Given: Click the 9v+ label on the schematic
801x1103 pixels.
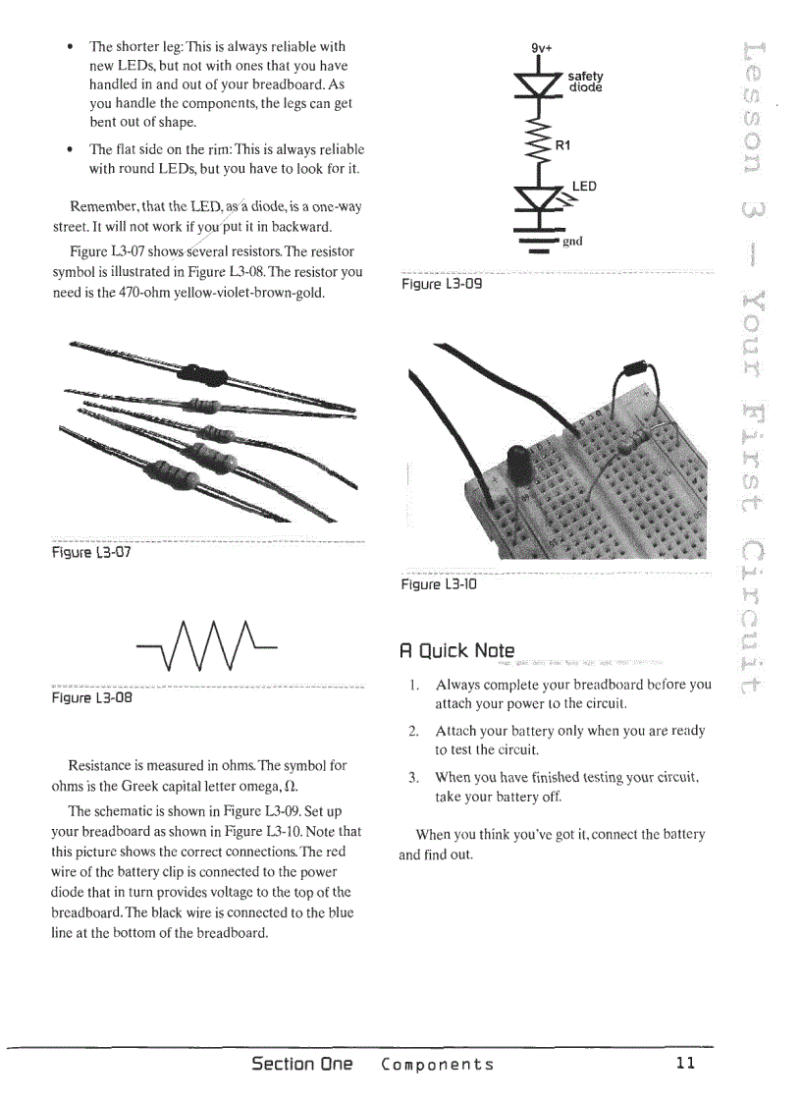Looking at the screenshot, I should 542,47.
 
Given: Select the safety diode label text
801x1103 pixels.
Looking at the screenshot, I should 585,82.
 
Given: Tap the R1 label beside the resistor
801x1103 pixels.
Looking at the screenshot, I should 563,145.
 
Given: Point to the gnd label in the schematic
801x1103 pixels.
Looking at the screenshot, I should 572,241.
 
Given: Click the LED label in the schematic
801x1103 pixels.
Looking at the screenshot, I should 584,186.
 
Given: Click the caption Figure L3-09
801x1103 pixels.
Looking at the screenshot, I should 442,284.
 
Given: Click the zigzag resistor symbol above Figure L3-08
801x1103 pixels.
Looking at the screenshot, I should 208,644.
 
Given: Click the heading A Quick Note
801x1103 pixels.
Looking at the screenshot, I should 456,650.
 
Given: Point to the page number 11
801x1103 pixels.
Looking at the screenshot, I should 685,1064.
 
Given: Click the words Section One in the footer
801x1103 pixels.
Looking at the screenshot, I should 301,1064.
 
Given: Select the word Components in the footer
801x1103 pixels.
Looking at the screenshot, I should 437,1065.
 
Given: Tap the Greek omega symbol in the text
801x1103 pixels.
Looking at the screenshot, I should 291,787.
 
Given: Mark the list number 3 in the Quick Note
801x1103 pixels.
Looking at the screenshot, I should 413,778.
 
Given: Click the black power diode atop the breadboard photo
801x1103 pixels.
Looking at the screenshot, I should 639,372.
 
